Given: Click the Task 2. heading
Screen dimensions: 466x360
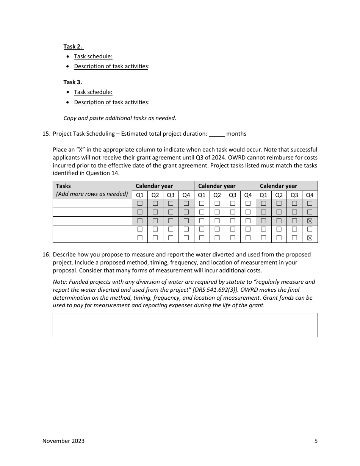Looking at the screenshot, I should pos(73,47).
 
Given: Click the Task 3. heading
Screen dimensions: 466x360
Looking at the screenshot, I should pos(73,82).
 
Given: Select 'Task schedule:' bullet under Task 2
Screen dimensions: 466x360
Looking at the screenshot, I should pos(93,56).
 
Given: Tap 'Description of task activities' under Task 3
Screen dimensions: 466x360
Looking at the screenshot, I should pos(111,102).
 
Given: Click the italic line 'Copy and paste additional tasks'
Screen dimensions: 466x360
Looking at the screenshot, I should pos(120,118).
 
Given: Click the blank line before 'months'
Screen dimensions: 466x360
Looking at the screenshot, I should pos(217,134).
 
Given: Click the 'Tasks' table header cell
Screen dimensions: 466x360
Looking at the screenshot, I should pos(63,186).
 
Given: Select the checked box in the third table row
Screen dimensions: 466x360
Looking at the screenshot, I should pos(310,221).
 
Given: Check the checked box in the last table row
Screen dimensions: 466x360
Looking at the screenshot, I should pos(310,238).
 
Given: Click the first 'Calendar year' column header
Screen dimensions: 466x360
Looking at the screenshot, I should pos(154,186).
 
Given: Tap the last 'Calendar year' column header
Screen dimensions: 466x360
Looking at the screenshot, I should pos(279,186).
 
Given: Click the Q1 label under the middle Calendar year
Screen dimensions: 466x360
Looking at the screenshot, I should pos(202,195).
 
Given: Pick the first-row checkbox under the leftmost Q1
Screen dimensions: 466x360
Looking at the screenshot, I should pos(140,203).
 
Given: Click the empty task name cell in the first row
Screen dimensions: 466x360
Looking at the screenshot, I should pos(92,203).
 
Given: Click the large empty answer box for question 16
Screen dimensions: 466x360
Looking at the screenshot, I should pos(185,325).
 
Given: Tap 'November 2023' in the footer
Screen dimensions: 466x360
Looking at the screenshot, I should pos(63,441).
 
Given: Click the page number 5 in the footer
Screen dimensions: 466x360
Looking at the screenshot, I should pos(316,441).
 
